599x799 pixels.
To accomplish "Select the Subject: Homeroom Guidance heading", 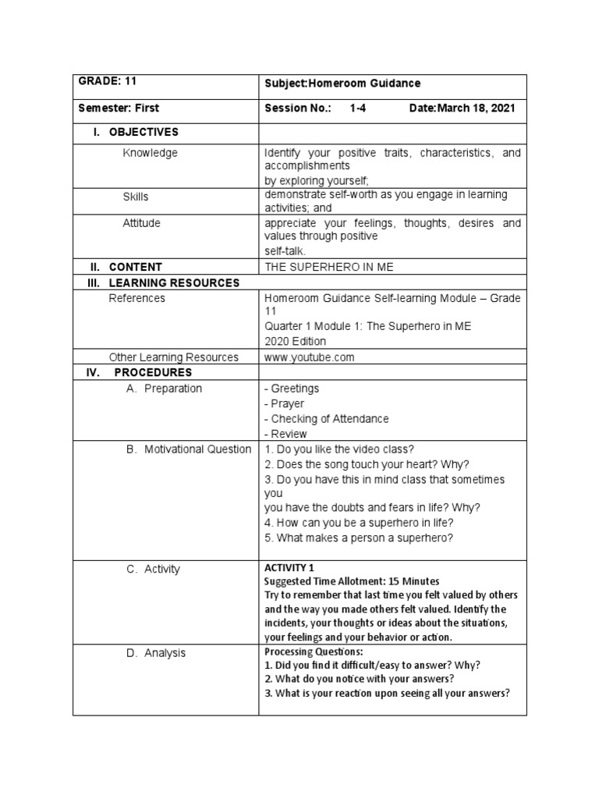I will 342,83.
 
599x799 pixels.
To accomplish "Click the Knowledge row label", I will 150,153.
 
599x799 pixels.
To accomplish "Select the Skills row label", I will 136,197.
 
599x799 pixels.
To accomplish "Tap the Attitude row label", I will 141,223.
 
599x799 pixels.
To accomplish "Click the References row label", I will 137,298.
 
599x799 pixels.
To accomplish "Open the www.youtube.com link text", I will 310,357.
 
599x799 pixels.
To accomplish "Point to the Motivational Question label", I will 197,449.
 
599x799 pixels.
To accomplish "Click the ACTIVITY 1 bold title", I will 289,568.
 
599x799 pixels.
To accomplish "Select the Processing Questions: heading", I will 314,652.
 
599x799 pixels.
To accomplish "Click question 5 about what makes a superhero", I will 359,538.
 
